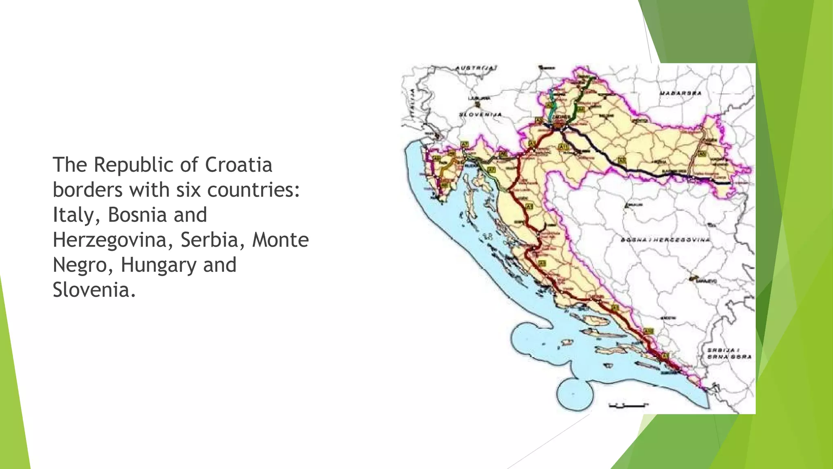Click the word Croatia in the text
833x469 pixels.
(238, 165)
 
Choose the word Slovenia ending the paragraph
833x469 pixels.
(94, 290)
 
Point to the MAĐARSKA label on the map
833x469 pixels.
(680, 93)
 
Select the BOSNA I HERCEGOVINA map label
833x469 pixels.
(665, 240)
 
